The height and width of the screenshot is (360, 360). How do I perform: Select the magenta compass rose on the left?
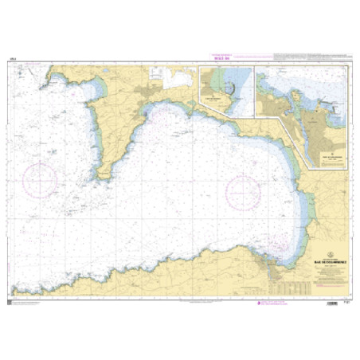coord(40,178)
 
